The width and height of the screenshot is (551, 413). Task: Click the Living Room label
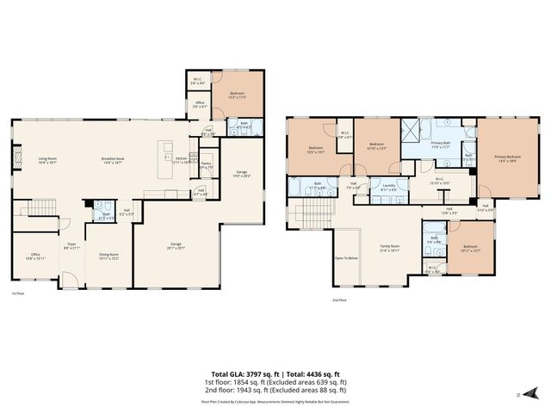47,159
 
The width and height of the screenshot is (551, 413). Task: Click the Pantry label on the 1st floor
206,164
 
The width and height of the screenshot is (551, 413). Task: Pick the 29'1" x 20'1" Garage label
176,247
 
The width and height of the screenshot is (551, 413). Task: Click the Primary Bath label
440,145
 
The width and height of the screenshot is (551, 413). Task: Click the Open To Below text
345,256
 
